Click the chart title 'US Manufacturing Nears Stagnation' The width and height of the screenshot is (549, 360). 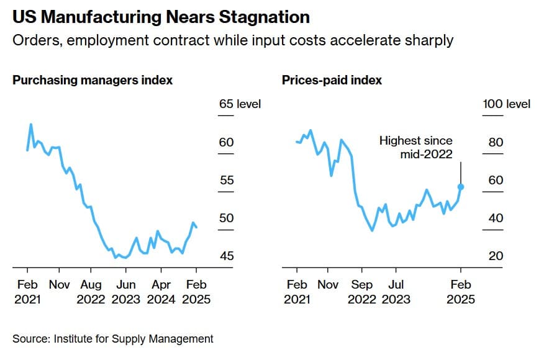click(161, 17)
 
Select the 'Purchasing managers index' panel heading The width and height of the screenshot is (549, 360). click(93, 80)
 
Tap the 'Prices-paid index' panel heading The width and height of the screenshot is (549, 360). click(332, 80)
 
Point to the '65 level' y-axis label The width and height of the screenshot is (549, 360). click(240, 104)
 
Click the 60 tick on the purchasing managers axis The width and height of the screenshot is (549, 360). click(226, 142)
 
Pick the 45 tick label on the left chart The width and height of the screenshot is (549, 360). click(226, 256)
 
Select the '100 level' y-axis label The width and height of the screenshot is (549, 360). click(507, 104)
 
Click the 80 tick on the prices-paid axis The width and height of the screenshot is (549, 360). click(496, 142)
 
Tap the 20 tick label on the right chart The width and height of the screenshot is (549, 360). click(496, 256)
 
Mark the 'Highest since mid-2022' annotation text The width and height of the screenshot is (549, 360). click(416, 148)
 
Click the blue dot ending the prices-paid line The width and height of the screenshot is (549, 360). click(461, 186)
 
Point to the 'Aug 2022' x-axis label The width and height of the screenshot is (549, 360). click(91, 292)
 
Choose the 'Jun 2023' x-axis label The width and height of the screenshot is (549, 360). click(126, 292)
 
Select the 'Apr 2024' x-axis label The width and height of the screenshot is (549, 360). click(161, 292)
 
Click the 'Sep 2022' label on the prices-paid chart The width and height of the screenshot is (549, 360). click(361, 292)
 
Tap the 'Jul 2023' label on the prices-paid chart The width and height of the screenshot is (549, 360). click(396, 292)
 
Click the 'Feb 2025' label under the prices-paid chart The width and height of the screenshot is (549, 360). click(461, 292)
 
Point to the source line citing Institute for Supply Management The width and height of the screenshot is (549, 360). click(112, 339)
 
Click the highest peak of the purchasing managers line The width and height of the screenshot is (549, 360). click(31, 125)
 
